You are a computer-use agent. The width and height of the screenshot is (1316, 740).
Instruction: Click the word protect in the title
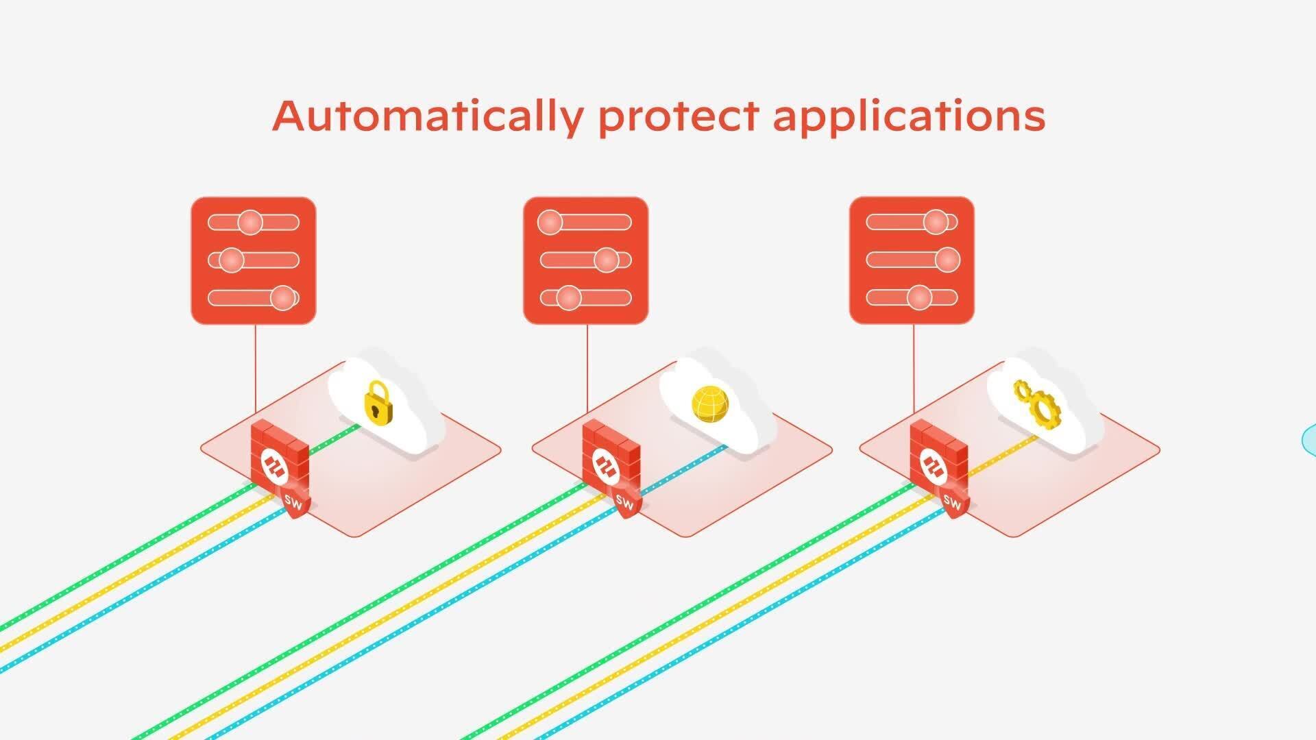tap(679, 116)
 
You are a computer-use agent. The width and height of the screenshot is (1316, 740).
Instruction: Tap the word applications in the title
tap(909, 116)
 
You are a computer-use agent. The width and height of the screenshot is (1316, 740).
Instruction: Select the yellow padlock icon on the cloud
tap(378, 402)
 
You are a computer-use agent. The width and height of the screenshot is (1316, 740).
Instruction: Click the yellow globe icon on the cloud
tap(710, 404)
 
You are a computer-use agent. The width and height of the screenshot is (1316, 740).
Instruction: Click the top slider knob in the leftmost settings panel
tap(250, 223)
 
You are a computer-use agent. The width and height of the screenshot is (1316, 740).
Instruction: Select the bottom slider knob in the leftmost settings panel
tap(282, 297)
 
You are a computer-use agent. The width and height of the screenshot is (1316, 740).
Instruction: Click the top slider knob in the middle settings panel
tap(550, 222)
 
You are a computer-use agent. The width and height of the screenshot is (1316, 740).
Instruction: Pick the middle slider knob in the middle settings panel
tap(606, 260)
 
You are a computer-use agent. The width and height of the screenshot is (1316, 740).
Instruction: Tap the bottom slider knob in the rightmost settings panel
tap(919, 297)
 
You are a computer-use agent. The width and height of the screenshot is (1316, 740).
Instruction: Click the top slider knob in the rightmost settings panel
tap(936, 222)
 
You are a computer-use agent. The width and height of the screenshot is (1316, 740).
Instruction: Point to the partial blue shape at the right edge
tap(1309, 439)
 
